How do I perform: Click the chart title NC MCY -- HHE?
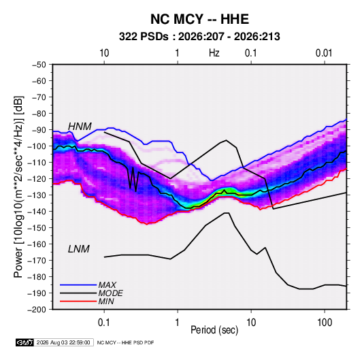199,19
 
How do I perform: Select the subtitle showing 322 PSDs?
199,37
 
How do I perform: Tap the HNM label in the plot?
80,127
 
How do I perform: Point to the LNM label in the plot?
79,249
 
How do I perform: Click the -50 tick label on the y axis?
39,65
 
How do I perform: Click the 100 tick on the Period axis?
325,323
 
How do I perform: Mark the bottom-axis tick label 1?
178,323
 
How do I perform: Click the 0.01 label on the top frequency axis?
324,53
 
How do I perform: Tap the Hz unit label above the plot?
214,53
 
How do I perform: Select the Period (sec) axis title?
214,330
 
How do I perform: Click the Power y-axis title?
18,187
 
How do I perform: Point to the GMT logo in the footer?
24,342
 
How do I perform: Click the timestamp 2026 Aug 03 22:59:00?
63,342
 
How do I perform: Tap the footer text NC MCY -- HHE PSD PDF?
125,342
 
